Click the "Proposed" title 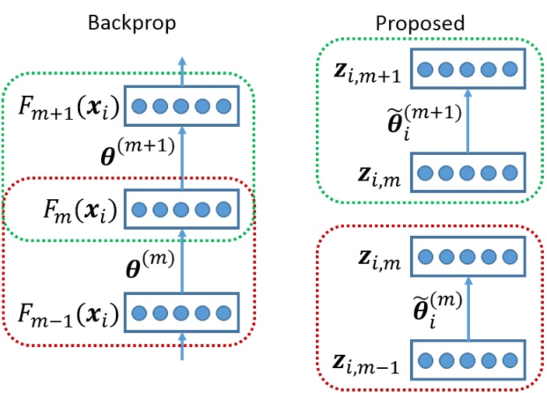point(420,23)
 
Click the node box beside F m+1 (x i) point(181,106)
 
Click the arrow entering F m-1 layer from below point(182,347)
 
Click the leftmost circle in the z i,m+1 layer point(425,70)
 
